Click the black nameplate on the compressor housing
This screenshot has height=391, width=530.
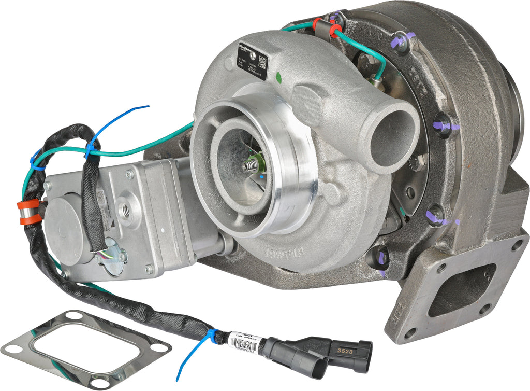[x=252, y=60]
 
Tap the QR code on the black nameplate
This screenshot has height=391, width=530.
[x=262, y=63]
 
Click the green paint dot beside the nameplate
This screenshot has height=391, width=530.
[x=279, y=78]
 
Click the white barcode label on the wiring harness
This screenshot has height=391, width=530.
[x=243, y=342]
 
